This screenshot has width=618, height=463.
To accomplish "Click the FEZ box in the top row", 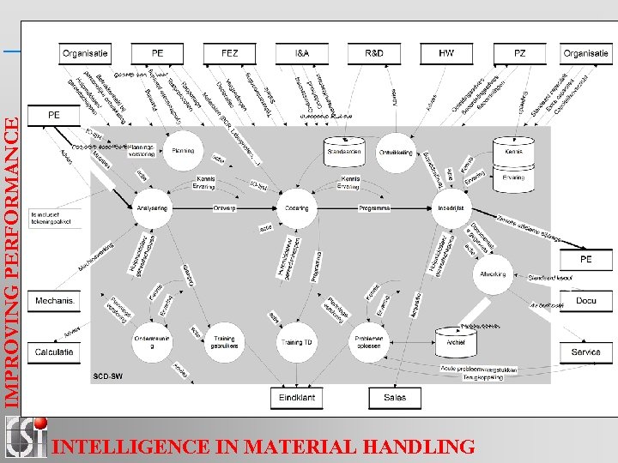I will [x=230, y=53].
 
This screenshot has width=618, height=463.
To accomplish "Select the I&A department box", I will [x=302, y=53].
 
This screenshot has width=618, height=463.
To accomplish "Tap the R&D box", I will [x=374, y=53].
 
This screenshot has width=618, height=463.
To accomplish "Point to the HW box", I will [x=446, y=53].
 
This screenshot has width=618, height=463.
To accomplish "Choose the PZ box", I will [x=519, y=53].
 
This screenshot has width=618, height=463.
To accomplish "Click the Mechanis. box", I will [x=54, y=301].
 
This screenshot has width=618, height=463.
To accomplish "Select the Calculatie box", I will [x=54, y=352].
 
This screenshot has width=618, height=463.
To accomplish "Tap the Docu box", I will [x=586, y=301].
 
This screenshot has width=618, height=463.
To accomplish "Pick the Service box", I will [x=586, y=352].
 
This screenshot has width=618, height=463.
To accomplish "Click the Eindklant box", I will [x=296, y=398].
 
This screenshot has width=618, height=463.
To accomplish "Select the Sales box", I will [x=395, y=398].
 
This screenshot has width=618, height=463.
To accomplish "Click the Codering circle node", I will [x=297, y=207].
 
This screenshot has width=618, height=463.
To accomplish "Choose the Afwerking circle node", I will [x=494, y=275].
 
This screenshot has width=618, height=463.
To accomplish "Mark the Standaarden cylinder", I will [x=345, y=149].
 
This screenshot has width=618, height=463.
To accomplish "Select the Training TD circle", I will [x=297, y=342].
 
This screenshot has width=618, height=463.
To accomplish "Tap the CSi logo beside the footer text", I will [x=26, y=436].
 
